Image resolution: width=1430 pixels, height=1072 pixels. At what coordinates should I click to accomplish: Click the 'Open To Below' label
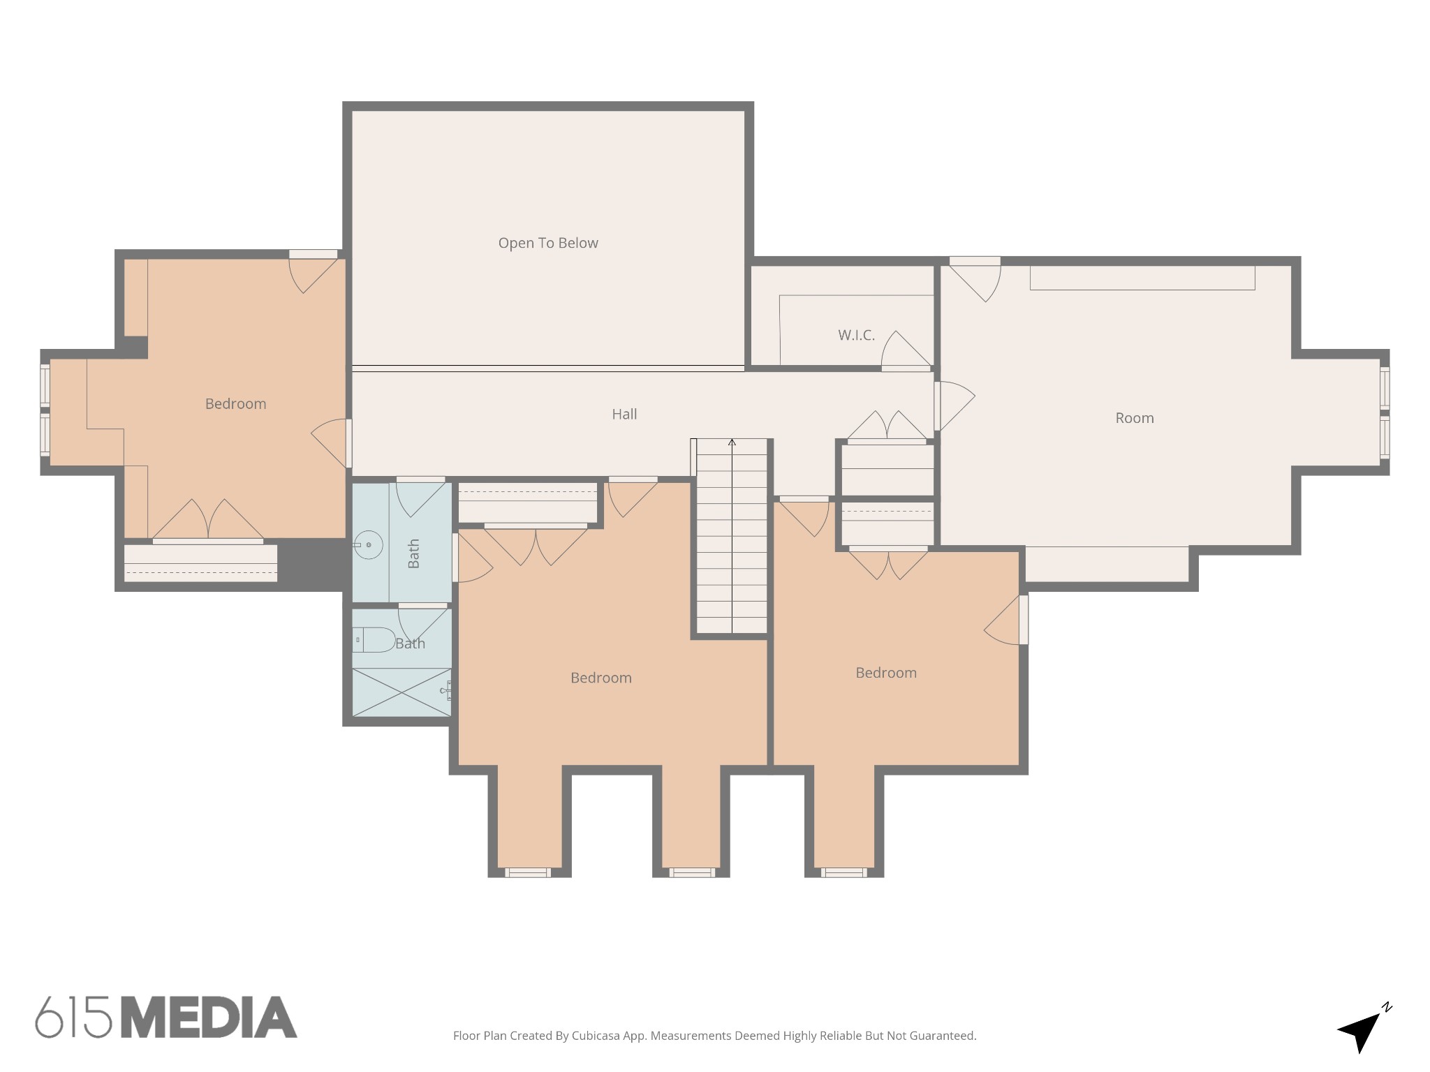coord(548,243)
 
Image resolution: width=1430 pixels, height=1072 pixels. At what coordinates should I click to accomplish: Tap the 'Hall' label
coord(624,414)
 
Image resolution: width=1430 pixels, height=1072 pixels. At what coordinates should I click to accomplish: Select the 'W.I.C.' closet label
coord(856,335)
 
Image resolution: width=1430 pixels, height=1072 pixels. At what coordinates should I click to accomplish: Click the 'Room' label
coord(1134,418)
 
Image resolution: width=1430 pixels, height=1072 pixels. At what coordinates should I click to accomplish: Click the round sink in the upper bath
coord(368,544)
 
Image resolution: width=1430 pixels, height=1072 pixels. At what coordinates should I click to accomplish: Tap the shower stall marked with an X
coord(401,692)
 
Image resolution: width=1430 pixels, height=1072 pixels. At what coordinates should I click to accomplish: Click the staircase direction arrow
coord(732,442)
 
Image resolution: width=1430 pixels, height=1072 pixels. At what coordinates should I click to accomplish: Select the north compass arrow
coord(1362,1029)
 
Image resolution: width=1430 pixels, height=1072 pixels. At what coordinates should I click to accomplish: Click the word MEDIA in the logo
coord(209,1018)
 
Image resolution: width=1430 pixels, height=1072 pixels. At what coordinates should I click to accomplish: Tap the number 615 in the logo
coord(73,1018)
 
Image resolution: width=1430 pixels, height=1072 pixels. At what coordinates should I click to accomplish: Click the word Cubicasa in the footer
coord(596,1036)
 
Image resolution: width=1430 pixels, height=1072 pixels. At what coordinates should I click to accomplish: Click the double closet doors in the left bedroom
coord(208,521)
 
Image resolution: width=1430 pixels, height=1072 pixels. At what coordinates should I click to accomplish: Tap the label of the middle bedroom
coord(600,678)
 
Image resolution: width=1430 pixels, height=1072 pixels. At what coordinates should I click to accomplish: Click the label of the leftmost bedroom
coord(235,403)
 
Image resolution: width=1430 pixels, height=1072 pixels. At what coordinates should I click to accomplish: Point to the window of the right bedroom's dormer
coord(843,872)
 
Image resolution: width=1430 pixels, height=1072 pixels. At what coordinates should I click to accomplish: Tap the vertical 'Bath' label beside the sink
coord(413,553)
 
